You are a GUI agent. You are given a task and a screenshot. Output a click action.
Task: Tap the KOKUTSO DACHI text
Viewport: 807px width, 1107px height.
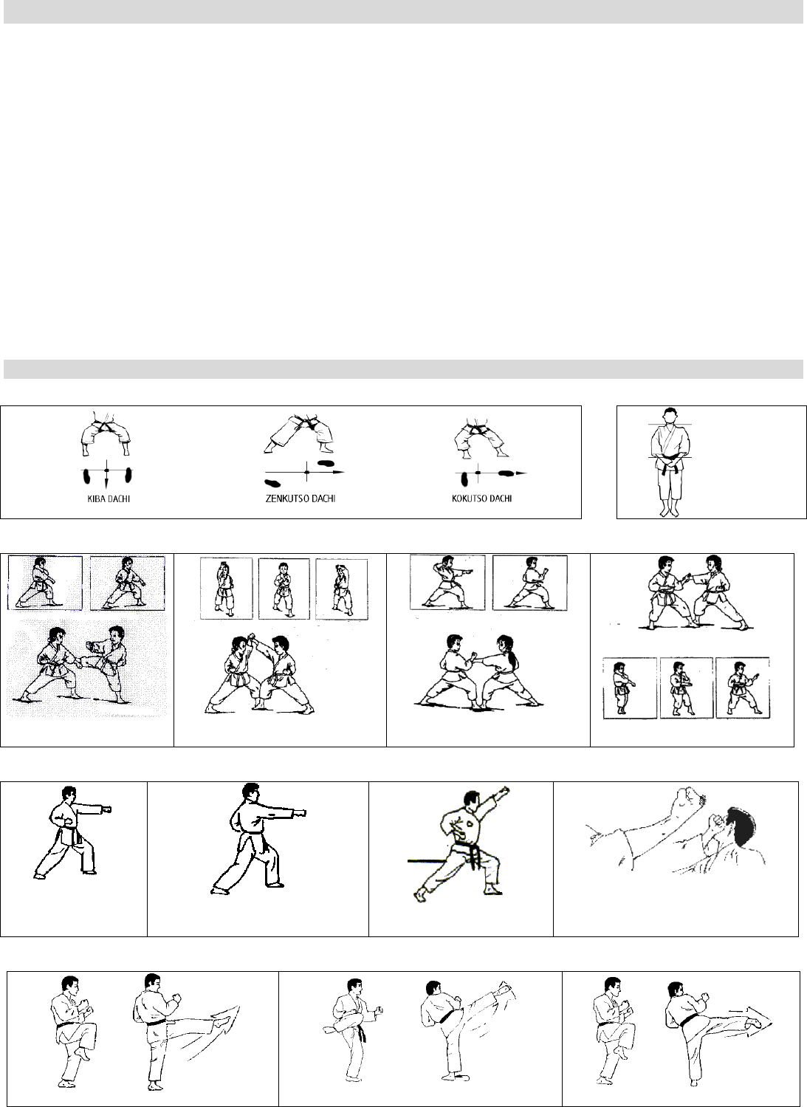tap(481, 498)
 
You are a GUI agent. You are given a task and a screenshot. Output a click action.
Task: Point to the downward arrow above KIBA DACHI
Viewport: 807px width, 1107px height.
tap(106, 481)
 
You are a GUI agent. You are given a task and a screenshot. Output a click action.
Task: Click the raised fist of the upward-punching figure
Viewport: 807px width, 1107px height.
tap(504, 792)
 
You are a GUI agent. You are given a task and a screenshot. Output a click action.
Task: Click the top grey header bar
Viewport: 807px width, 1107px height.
tap(403, 12)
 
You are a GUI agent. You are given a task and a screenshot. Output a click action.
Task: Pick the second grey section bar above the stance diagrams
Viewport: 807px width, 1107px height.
tap(403, 369)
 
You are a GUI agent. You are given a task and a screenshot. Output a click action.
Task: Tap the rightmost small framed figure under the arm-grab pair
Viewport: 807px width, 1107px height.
tap(742, 688)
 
